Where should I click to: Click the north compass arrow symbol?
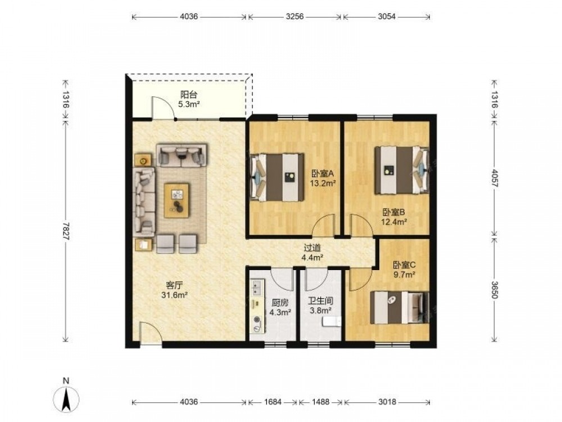66,399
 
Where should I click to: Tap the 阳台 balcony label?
188,95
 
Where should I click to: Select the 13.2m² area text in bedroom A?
323,183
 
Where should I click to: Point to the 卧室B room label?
393,212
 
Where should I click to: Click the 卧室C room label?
404,265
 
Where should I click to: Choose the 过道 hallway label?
312,248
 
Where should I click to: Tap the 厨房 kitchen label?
280,303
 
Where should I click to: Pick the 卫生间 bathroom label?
320,301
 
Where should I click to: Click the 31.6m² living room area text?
175,295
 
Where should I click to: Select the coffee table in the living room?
176,201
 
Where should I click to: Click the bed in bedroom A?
277,177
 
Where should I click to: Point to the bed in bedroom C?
399,308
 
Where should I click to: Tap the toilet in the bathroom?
331,321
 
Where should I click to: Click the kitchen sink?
257,287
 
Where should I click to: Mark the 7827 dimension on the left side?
66,231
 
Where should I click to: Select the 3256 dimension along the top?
295,16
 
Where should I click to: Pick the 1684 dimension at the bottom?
273,402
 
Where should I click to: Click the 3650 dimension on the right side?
495,289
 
